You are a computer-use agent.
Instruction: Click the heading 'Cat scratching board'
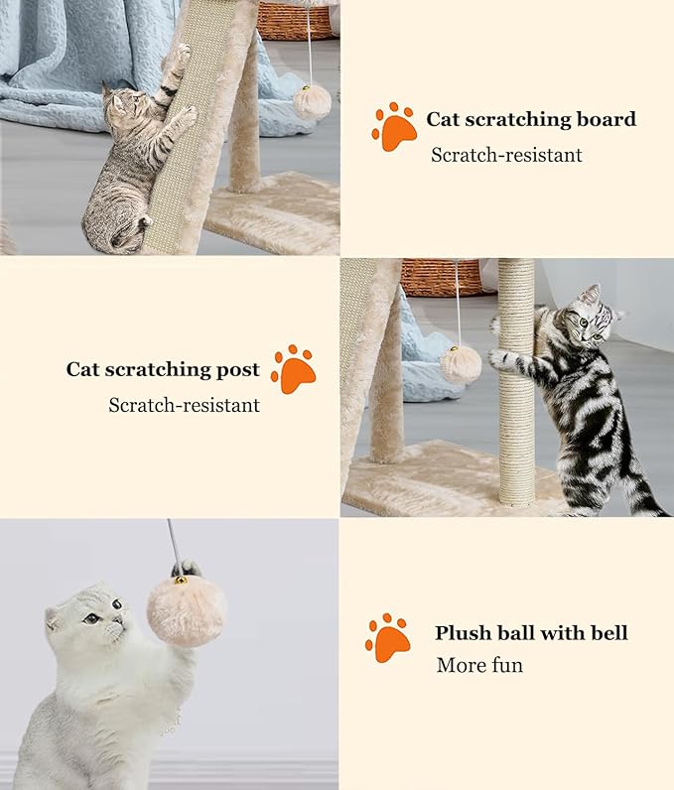tap(531, 120)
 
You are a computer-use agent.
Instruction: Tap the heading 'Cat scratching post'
tap(163, 370)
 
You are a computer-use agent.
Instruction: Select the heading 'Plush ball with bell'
tap(531, 633)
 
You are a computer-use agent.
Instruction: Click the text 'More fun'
tap(479, 665)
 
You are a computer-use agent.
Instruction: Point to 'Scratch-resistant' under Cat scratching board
tap(506, 155)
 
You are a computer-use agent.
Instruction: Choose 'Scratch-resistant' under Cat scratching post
tap(184, 405)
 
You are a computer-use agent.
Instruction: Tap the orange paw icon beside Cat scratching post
tap(293, 370)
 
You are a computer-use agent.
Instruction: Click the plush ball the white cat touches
tap(187, 609)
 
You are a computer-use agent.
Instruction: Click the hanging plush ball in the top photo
tap(312, 101)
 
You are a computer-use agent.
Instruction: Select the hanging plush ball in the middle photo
tap(461, 364)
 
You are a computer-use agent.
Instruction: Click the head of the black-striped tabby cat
tap(589, 319)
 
